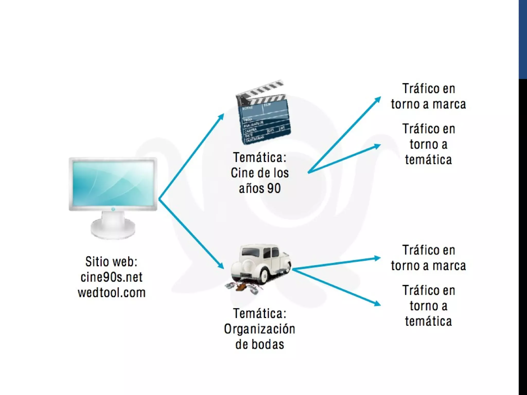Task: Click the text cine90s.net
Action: pyautogui.click(x=111, y=277)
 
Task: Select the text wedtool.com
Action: pyautogui.click(x=112, y=293)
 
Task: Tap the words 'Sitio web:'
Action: pyautogui.click(x=111, y=262)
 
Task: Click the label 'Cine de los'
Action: pyautogui.click(x=260, y=173)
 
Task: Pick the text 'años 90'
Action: pyautogui.click(x=260, y=188)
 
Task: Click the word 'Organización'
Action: pyautogui.click(x=260, y=329)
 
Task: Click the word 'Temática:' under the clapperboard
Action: pyautogui.click(x=260, y=157)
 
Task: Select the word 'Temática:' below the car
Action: pyautogui.click(x=260, y=314)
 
